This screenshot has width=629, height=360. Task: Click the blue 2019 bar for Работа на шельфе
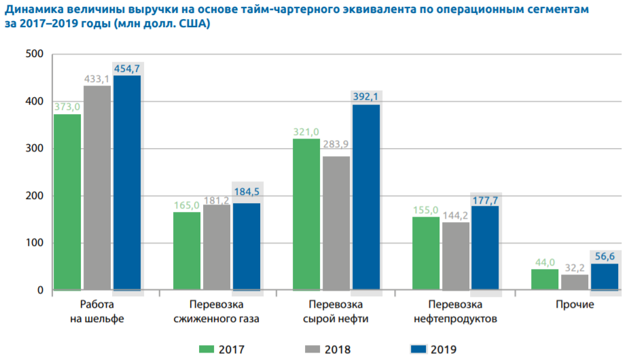(127, 183)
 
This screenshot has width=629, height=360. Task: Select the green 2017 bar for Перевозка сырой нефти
(306, 215)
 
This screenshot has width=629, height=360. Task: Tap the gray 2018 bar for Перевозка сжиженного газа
(217, 247)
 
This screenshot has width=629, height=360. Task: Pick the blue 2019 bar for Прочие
(605, 277)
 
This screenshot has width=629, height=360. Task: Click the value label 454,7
(127, 68)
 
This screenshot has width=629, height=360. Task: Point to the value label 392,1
(366, 97)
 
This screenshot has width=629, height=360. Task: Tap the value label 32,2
(575, 267)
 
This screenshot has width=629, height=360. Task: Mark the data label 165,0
(187, 204)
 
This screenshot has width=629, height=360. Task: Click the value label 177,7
(486, 198)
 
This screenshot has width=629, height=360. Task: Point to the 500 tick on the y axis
(34, 54)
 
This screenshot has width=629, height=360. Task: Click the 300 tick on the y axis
(34, 149)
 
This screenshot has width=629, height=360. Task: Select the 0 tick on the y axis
(40, 290)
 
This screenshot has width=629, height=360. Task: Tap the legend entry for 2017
(221, 349)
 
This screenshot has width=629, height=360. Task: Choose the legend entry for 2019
(433, 349)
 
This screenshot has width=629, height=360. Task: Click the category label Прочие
(575, 304)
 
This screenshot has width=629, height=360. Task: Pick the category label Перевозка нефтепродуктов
(456, 311)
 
